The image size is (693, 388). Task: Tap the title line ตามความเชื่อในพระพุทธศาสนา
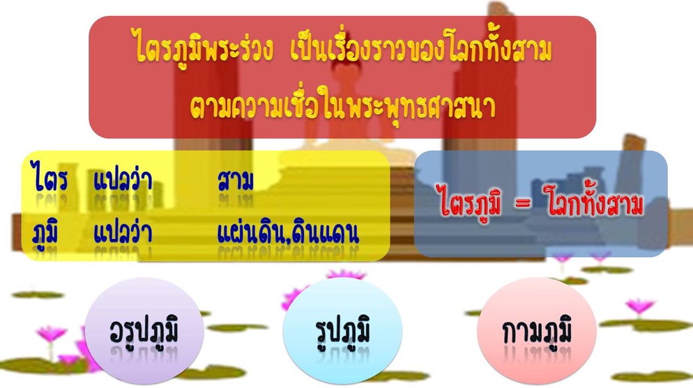point(343,107)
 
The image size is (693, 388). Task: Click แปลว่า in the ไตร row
point(123,180)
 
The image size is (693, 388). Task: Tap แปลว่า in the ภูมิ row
point(123,232)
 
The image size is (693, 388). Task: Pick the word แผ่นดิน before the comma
point(251,233)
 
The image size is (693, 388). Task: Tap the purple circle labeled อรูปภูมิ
point(144,330)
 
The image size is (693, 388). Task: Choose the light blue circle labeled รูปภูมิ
point(342,330)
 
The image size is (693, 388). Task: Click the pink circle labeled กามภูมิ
point(537,330)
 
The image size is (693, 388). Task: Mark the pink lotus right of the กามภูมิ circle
point(639,306)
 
